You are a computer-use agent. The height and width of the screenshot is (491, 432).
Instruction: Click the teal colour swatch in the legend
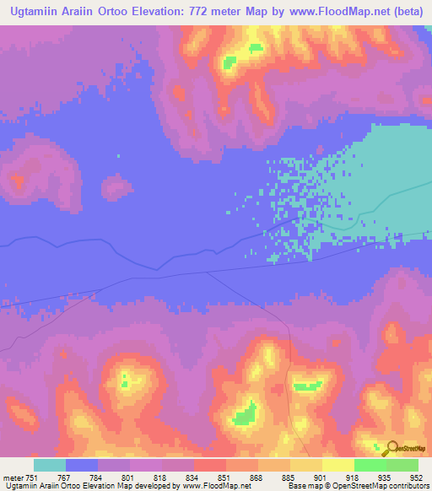[x=50, y=465]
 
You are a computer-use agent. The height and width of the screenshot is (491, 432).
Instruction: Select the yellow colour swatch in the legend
[x=338, y=465]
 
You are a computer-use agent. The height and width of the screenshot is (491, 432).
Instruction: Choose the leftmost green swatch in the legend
[x=370, y=465]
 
